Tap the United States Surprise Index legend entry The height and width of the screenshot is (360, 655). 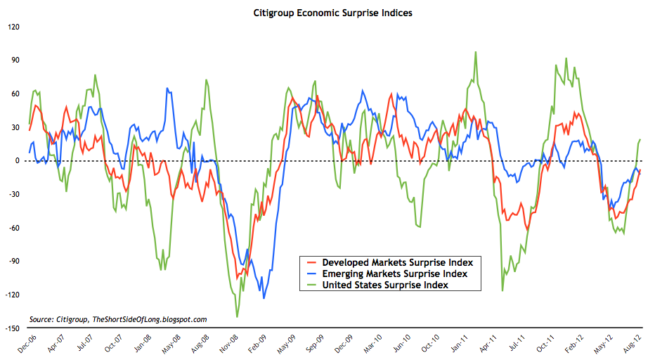click(x=385, y=285)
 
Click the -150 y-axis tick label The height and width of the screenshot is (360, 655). click(x=11, y=328)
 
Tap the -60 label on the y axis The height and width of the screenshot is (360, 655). click(x=13, y=228)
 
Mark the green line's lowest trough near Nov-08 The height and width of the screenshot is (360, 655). click(x=238, y=316)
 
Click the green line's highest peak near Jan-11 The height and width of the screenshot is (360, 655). click(x=476, y=52)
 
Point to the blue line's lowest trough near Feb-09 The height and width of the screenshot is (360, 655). click(x=264, y=298)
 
